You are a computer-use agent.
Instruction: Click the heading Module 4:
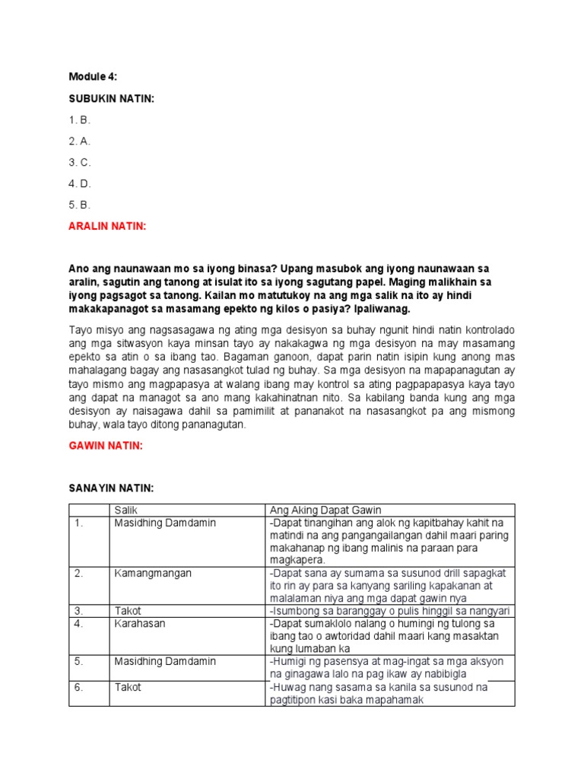(x=93, y=77)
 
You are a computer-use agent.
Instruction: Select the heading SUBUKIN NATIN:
(x=111, y=98)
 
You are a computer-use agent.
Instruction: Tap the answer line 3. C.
(x=80, y=162)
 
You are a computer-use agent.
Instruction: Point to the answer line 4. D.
(x=80, y=183)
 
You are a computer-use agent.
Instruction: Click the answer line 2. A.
(x=80, y=141)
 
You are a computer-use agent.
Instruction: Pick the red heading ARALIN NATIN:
(x=107, y=226)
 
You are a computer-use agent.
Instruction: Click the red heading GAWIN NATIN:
(x=105, y=445)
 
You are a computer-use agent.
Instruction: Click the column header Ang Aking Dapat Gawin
(x=325, y=510)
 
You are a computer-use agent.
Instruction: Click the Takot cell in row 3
(x=128, y=611)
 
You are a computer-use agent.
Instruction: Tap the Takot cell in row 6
(x=128, y=687)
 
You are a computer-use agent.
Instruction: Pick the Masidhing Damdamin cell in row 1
(x=165, y=523)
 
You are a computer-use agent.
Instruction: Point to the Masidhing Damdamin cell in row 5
(x=165, y=662)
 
